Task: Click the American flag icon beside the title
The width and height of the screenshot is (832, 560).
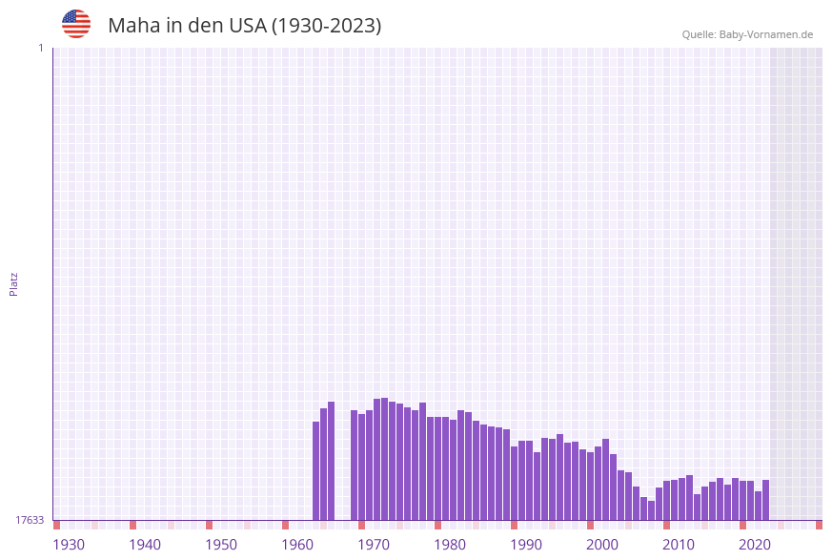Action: click(x=76, y=24)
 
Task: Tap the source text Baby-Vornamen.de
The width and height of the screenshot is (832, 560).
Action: click(x=766, y=34)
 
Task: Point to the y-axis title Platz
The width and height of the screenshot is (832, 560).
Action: click(x=14, y=283)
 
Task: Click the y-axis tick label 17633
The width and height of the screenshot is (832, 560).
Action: click(x=30, y=520)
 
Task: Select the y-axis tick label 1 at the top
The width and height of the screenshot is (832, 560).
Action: click(x=40, y=48)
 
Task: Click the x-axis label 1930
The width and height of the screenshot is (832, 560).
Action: click(x=69, y=545)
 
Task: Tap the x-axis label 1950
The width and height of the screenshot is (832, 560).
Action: click(x=221, y=545)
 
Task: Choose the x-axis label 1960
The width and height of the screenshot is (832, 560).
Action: click(x=297, y=545)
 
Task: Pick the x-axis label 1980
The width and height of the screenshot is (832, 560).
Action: click(x=450, y=545)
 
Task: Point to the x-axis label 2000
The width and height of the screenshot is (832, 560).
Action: click(x=602, y=545)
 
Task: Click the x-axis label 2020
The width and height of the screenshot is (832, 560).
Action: click(x=755, y=545)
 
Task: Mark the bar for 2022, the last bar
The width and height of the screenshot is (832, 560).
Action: click(x=765, y=500)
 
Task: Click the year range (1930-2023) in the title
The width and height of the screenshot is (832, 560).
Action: click(x=327, y=26)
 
